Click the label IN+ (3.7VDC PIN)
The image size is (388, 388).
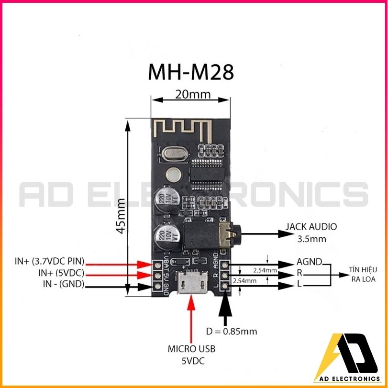50,261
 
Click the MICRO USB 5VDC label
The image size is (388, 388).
191,355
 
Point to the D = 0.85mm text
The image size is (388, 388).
232,331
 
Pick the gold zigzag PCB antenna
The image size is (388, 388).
183,130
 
